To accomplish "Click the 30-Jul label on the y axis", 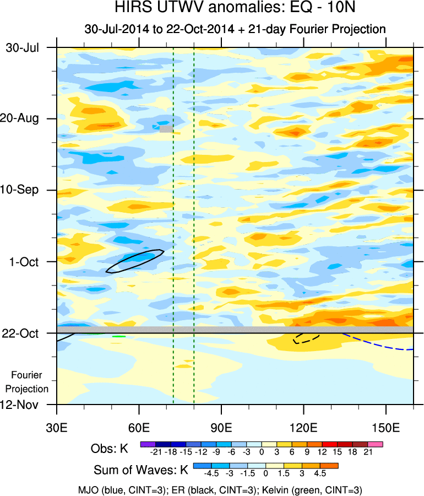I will click(x=23, y=47).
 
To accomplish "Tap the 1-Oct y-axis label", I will click(x=25, y=262).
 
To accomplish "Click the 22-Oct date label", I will click(x=23, y=333).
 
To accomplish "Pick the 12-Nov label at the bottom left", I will click(x=23, y=405).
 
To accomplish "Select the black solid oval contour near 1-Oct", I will click(x=135, y=261).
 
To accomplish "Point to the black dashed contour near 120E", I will click(x=306, y=338).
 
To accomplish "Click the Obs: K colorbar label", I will click(x=109, y=449).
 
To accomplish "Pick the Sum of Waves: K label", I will click(x=140, y=470).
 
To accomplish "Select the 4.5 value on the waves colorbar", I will click(x=320, y=473).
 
